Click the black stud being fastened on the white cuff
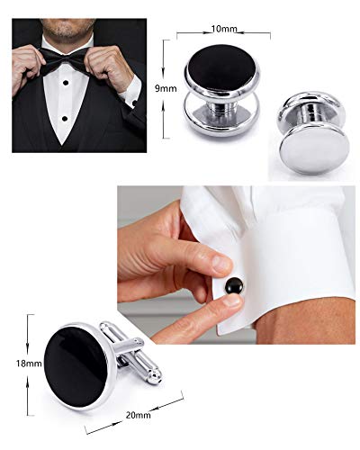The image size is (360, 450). [x=234, y=286]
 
